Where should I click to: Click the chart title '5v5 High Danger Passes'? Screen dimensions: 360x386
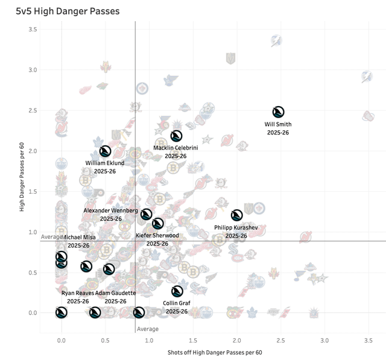click(67, 11)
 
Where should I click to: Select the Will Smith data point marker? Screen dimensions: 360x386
click(278, 112)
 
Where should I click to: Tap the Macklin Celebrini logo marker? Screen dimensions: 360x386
click(176, 136)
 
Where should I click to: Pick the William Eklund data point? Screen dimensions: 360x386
click(105, 151)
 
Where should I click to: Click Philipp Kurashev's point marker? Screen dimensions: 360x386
click(237, 215)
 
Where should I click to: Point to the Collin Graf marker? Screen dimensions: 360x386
click(177, 291)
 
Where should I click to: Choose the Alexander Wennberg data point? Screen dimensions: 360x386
click(146, 215)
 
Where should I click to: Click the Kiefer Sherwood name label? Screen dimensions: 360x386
click(157, 235)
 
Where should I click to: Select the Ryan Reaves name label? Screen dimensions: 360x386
click(77, 293)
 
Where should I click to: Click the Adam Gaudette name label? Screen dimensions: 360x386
click(115, 293)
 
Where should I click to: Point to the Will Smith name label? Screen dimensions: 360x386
click(278, 124)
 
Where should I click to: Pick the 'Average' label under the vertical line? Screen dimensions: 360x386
click(148, 329)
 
